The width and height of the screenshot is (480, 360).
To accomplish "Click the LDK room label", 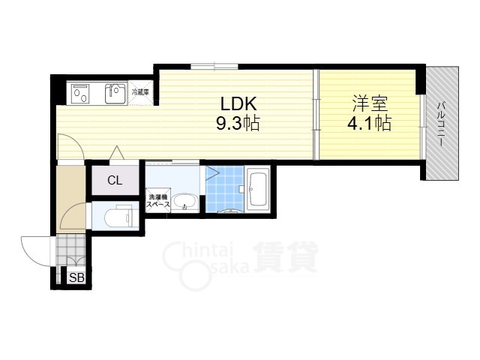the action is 238,103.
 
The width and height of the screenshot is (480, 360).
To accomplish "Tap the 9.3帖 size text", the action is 238,123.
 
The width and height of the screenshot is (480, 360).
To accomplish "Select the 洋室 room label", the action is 370,103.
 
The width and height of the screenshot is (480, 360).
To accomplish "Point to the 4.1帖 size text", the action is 370,123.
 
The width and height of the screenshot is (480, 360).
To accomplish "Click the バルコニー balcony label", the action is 441,124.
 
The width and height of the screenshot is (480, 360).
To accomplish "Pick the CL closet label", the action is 115,180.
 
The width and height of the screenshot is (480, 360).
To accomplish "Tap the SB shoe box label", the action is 76,278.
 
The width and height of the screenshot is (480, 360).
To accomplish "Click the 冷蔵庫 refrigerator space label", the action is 140,91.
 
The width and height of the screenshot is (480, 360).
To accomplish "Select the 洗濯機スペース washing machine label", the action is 158,201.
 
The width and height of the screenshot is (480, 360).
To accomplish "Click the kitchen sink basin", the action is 115,94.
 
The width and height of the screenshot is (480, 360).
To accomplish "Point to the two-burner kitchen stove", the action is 80,94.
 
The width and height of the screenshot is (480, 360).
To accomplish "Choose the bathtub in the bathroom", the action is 258,190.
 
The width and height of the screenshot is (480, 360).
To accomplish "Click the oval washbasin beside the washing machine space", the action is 184,203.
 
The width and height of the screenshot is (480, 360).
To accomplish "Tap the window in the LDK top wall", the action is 214,66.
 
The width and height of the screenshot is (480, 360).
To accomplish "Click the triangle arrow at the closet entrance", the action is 117,152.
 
